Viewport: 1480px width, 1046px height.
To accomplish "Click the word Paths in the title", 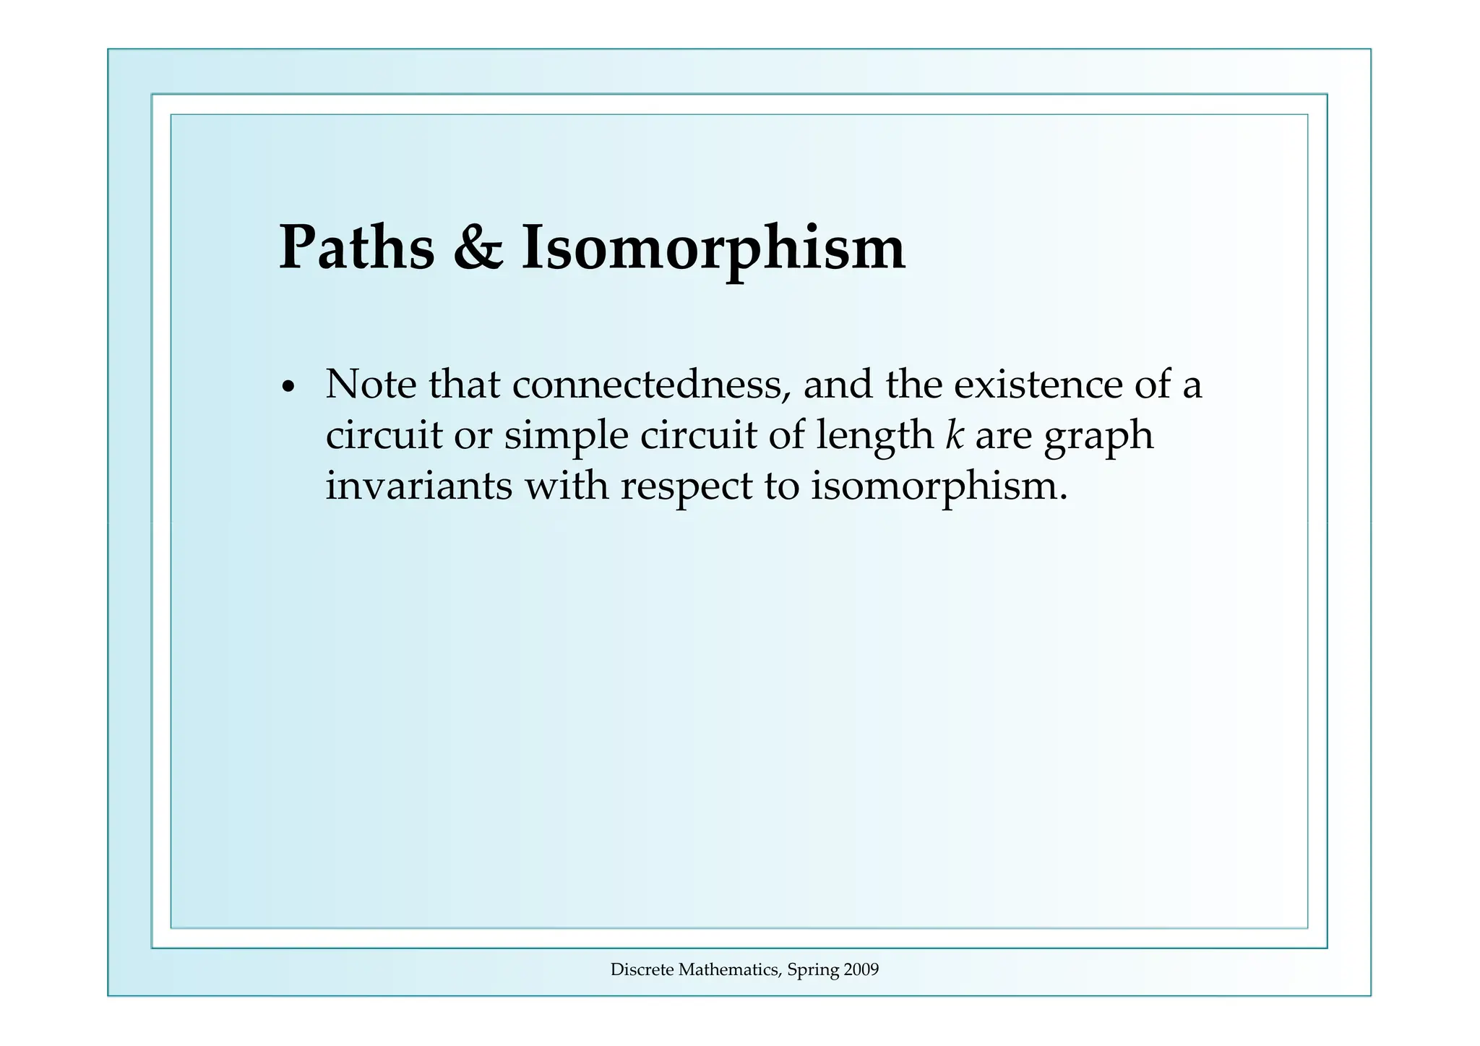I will [357, 248].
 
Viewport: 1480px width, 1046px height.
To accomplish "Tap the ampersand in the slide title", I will [478, 248].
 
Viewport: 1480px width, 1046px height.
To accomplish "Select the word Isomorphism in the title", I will [713, 248].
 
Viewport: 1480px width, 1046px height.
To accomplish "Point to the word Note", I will [371, 384].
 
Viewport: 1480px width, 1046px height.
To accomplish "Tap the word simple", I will [566, 435].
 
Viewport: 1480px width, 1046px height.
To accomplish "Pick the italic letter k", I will [955, 434].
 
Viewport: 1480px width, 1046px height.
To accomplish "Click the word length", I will [874, 435].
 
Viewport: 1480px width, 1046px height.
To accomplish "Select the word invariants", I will [418, 485].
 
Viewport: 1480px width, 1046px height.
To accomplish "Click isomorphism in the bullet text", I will [939, 485].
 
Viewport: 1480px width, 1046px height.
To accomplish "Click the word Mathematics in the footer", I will [729, 970].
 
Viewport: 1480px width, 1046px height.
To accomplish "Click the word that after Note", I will [464, 384].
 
